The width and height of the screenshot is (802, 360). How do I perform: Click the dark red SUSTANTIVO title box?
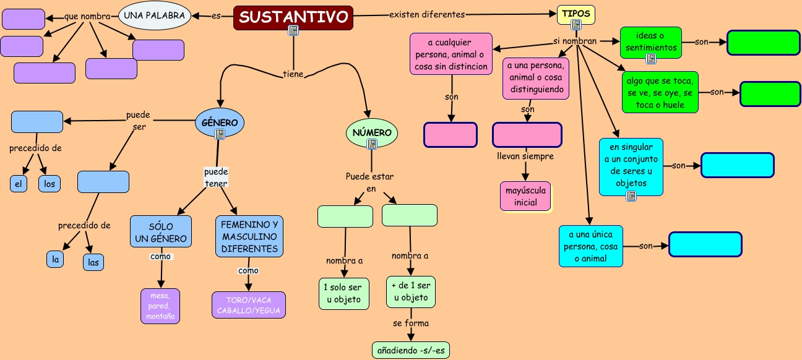293,17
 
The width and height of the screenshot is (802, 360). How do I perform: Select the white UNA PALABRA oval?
153,16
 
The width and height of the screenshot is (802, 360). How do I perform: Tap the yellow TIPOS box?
576,14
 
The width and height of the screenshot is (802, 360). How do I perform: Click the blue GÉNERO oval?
220,122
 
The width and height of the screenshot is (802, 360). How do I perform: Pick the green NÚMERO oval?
371,133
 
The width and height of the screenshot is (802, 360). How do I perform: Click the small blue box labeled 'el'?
19,184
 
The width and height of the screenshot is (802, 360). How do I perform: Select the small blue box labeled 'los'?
50,184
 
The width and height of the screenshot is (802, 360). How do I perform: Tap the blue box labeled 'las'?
93,262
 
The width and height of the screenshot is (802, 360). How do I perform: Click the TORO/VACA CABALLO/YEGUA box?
249,305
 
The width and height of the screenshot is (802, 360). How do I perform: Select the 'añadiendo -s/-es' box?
411,350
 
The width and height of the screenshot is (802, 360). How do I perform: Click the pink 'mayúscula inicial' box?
525,196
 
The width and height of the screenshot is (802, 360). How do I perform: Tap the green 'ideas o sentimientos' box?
650,42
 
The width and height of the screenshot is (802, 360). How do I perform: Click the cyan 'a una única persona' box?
590,246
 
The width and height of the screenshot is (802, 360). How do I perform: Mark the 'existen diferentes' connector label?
427,14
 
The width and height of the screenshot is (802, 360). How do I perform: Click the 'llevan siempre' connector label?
525,156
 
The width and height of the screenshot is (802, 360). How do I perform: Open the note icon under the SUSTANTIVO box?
293,31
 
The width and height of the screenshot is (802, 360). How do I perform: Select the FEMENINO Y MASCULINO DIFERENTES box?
249,236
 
